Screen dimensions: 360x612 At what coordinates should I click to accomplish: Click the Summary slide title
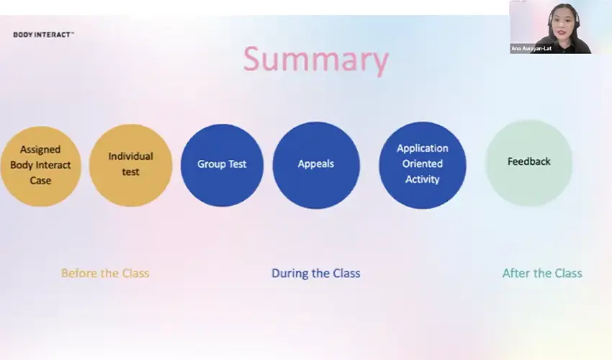click(315, 60)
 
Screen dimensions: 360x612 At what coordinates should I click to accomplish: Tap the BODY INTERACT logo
click(43, 34)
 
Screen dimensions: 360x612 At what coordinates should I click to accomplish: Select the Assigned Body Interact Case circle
click(40, 166)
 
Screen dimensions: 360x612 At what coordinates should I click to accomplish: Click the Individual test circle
click(130, 165)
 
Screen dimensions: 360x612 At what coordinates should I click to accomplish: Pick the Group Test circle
click(222, 164)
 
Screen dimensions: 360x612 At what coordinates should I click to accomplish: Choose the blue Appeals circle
click(315, 164)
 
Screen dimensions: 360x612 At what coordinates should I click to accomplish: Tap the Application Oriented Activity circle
click(422, 164)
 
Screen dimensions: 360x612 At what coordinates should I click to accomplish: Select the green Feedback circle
click(528, 163)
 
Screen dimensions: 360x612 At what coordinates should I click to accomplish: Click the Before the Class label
click(105, 274)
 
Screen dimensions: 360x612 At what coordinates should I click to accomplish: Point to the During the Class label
click(315, 274)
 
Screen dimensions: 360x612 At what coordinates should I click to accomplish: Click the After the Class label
click(542, 274)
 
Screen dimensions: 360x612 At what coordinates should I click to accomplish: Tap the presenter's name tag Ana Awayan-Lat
click(531, 48)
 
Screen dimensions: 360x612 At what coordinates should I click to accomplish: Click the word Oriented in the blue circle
click(423, 163)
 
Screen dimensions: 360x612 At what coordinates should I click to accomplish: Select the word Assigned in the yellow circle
click(40, 150)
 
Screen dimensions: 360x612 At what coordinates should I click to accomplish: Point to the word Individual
click(130, 156)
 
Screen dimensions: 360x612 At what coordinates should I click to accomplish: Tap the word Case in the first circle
click(40, 181)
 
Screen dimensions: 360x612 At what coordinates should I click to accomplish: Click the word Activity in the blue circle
click(423, 179)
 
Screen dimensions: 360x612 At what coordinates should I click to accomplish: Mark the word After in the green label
click(516, 274)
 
